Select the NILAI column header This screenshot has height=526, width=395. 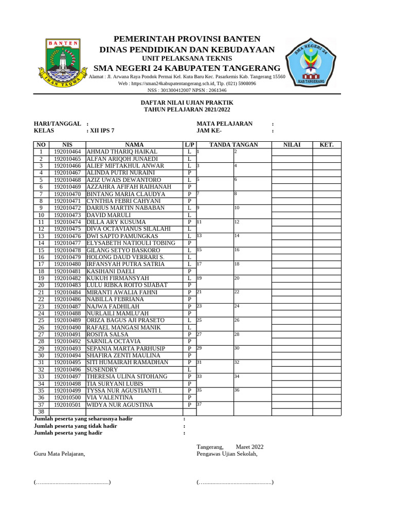pyautogui.click(x=292, y=145)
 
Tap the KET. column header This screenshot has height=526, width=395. pyautogui.click(x=327, y=145)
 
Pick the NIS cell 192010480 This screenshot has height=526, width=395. pyautogui.click(x=67, y=264)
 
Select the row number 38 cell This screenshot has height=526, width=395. pyautogui.click(x=41, y=411)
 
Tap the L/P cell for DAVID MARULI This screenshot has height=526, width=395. pyautogui.click(x=190, y=215)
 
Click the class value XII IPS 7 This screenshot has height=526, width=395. pyautogui.click(x=102, y=131)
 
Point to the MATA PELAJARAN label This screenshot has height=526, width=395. pyautogui.click(x=224, y=124)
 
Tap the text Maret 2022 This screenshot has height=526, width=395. pyautogui.click(x=249, y=447)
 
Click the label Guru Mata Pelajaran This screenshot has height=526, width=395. pyautogui.click(x=59, y=454)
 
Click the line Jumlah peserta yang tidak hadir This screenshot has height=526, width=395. pyautogui.click(x=75, y=426)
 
